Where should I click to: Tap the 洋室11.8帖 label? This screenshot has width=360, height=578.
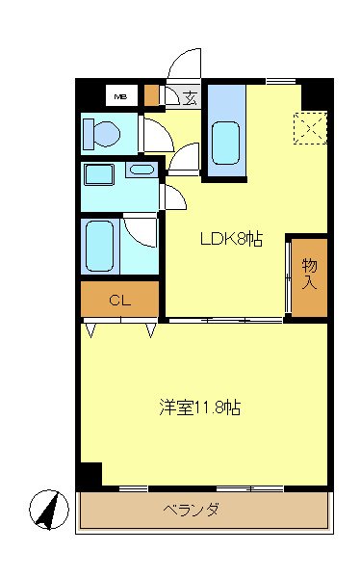pos(199,407)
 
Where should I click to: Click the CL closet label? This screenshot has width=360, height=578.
pos(118,300)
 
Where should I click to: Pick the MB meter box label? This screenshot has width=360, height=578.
pos(121,96)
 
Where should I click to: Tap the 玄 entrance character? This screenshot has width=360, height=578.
pos(190,96)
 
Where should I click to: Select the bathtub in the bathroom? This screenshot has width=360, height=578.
pos(99,246)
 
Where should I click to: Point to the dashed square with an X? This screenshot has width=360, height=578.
pos(310,128)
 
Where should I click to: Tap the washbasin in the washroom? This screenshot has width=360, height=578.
pos(141,171)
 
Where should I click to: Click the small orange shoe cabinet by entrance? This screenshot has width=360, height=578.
pos(151,95)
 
